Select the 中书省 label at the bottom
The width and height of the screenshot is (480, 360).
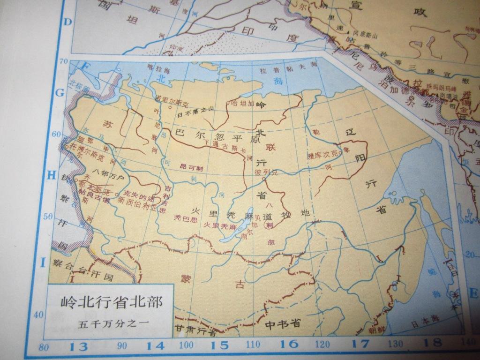click(282, 323)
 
